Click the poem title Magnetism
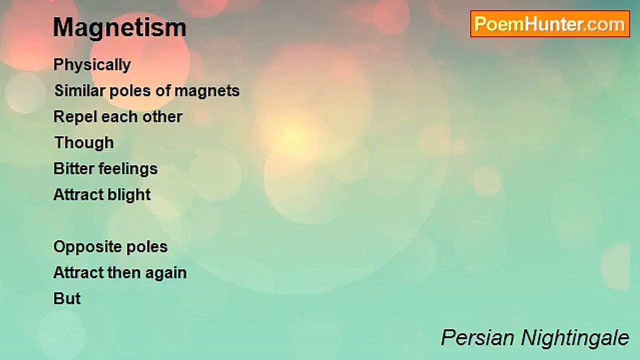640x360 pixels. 119,27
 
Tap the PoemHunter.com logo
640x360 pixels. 550,24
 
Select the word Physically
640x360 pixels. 92,65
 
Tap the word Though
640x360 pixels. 84,143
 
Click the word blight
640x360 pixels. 128,195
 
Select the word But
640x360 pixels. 67,299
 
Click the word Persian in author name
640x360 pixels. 477,338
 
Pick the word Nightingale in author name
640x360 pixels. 575,338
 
